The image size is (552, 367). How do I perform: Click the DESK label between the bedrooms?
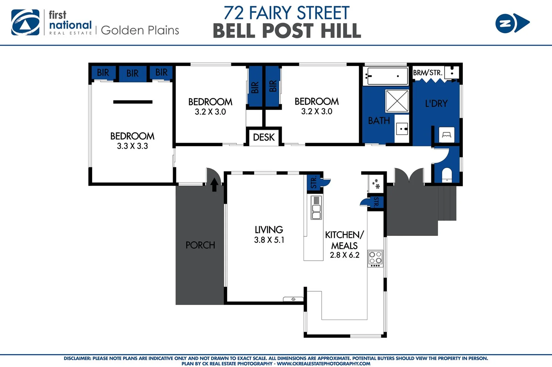point(264,137)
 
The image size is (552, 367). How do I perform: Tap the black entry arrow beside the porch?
point(214,185)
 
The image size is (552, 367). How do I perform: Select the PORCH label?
point(200,245)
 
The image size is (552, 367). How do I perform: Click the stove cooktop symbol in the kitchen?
point(375,258)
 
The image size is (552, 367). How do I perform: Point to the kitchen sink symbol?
point(316,207)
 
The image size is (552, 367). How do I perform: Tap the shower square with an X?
point(397,101)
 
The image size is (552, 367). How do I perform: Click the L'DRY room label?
point(436,103)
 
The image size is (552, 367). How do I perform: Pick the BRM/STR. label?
point(427,73)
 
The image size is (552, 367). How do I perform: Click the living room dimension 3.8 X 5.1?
point(269,240)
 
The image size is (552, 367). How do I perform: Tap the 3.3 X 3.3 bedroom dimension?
point(132,146)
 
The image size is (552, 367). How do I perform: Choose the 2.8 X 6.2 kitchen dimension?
point(344,255)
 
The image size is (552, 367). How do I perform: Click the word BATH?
point(379,121)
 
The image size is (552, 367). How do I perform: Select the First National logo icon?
point(25,22)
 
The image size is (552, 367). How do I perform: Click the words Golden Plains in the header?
point(140,30)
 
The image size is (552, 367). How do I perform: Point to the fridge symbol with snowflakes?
point(376,184)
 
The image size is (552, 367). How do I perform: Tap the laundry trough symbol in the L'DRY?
point(446,135)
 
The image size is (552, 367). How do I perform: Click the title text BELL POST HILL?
point(287,31)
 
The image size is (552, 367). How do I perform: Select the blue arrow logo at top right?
point(512,23)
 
